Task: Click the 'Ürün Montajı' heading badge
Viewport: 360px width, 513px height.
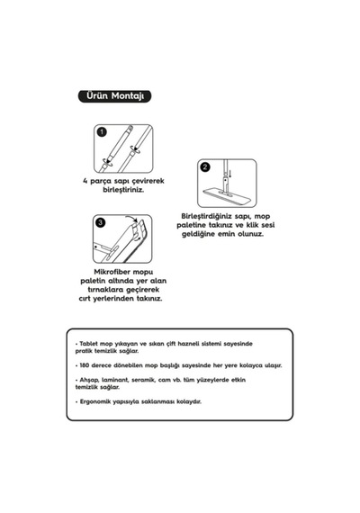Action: [114, 96]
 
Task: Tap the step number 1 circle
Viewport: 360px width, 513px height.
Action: [102, 131]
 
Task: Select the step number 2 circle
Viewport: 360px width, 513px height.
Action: [205, 166]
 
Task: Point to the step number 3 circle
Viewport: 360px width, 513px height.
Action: [100, 222]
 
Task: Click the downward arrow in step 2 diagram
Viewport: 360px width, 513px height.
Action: [230, 174]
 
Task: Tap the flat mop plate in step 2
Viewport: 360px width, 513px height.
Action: [226, 195]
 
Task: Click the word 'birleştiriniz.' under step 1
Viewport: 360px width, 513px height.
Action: [123, 190]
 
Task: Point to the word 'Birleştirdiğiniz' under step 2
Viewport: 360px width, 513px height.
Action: [205, 216]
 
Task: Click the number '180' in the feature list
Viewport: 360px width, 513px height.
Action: [85, 365]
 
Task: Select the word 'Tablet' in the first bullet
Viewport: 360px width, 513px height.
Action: [89, 344]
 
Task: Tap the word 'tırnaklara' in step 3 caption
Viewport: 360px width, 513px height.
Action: [105, 290]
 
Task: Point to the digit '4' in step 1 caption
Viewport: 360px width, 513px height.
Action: [85, 181]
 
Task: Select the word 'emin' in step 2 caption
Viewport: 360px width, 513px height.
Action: [226, 234]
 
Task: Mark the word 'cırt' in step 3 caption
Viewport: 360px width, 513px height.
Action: [85, 299]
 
